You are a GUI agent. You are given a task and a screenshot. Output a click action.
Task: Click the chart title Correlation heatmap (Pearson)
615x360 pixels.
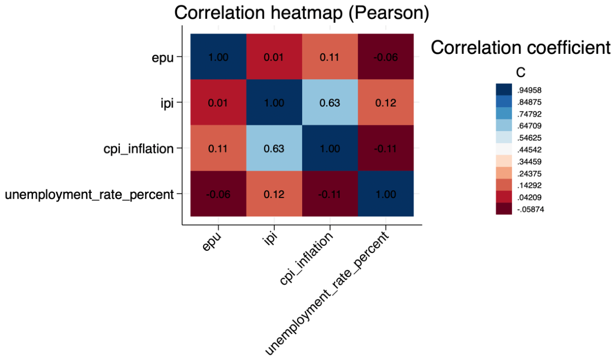pos(302,13)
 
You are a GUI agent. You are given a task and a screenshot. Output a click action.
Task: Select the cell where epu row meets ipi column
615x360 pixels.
pos(274,56)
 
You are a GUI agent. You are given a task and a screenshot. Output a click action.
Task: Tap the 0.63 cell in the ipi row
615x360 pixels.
pos(330,103)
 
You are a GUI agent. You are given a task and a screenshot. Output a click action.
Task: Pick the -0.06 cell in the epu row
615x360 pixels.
pos(386,56)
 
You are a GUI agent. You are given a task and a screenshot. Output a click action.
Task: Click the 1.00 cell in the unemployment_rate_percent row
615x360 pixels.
pos(386,194)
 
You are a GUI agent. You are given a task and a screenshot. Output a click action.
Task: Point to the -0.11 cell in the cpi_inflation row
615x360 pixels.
pos(386,148)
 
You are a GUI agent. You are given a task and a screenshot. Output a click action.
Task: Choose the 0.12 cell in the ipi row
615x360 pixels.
pos(386,103)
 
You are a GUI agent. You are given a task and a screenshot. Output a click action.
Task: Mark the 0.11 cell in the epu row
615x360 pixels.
pos(330,56)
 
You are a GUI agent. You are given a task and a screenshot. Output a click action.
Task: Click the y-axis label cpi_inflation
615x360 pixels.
pos(138,149)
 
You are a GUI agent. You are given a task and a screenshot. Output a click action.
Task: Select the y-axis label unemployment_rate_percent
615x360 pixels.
pos(89,194)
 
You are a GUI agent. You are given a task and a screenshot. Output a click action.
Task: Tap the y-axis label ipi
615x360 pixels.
pos(167,103)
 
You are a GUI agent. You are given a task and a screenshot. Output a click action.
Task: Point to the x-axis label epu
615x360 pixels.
pos(212,242)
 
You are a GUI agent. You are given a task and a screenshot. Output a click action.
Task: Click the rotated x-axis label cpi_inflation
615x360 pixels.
pos(306,258)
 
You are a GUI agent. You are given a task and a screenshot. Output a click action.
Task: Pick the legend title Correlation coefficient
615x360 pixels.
pos(521,48)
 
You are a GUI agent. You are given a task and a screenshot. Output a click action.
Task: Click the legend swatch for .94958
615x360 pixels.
pos(504,89)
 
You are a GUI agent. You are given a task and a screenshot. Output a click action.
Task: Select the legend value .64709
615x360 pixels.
pos(529,126)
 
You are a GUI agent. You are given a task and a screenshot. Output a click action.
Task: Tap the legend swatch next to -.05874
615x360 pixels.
pos(504,209)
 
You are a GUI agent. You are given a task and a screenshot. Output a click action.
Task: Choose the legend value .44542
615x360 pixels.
pos(529,150)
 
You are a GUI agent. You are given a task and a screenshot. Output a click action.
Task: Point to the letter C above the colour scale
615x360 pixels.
pos(521,73)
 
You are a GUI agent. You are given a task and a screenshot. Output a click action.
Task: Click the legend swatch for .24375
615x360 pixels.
pos(504,173)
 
